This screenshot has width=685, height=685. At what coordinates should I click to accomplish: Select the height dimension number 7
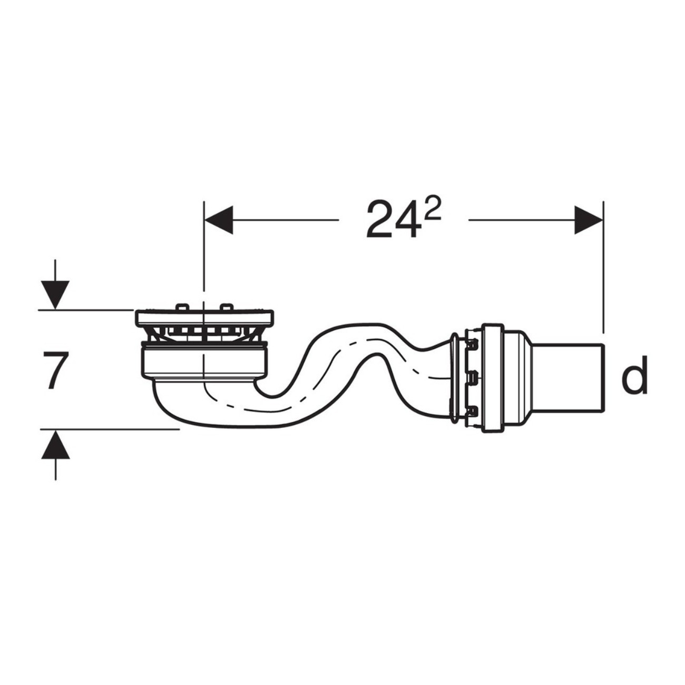(x=55, y=371)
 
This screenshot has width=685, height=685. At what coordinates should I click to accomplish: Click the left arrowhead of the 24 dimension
(x=219, y=220)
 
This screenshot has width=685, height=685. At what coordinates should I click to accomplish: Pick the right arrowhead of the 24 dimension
(x=588, y=220)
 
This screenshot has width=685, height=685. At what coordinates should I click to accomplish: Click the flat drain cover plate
(x=204, y=318)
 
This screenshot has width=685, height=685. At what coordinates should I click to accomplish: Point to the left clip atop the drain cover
(x=182, y=307)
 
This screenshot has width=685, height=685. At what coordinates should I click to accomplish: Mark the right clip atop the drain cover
(x=226, y=307)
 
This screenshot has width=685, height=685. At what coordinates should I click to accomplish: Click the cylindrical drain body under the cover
(x=204, y=361)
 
